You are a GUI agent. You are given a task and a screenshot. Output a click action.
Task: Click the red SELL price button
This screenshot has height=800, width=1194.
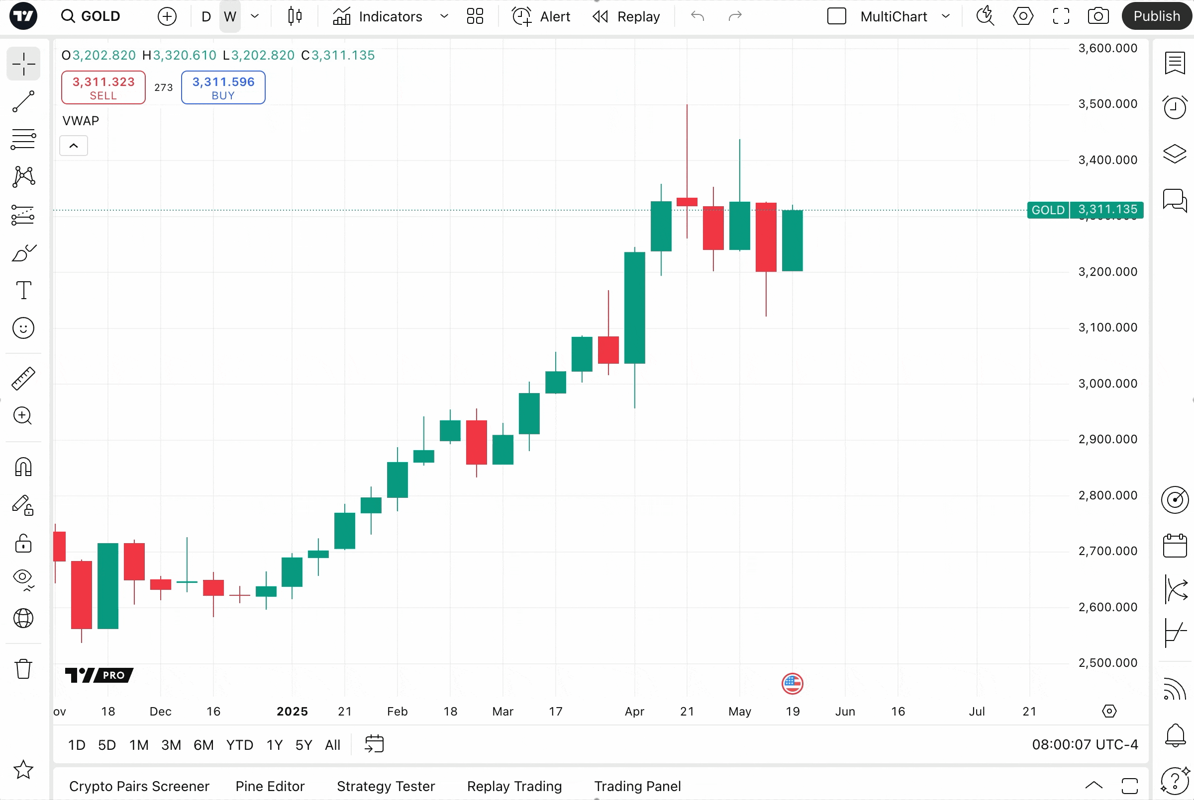click(103, 88)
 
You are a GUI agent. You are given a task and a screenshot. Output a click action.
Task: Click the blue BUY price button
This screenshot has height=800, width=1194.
click(223, 88)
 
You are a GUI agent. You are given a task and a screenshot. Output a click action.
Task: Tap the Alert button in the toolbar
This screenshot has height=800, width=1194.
click(541, 16)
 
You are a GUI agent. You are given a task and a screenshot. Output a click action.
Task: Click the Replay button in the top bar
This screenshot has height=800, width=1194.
click(627, 16)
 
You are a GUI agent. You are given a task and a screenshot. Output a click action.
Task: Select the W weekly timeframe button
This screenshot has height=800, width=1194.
click(230, 16)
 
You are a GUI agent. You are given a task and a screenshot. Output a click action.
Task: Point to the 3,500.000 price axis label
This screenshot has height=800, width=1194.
click(1107, 103)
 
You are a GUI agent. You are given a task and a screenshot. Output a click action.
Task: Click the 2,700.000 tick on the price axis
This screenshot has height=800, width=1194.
click(1107, 551)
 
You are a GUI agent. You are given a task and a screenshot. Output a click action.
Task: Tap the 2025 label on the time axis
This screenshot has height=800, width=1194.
click(292, 711)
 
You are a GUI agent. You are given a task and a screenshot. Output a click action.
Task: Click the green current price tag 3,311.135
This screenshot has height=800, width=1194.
click(1107, 210)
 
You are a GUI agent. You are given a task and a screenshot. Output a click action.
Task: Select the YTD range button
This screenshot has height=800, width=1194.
click(239, 745)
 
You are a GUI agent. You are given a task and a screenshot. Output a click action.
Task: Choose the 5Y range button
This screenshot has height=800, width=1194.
click(303, 745)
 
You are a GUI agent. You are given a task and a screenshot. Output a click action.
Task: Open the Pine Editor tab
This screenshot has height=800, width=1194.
click(270, 786)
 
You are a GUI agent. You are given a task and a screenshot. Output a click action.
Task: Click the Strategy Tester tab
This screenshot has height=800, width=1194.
click(386, 786)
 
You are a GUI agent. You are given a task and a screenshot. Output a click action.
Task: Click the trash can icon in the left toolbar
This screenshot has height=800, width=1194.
click(23, 668)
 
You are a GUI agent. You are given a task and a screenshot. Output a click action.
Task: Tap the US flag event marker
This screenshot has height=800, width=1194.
click(792, 684)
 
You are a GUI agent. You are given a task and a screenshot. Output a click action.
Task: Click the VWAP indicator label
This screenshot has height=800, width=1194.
click(81, 121)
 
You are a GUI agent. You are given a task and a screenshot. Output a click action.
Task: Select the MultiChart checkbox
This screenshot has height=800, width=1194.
click(836, 16)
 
